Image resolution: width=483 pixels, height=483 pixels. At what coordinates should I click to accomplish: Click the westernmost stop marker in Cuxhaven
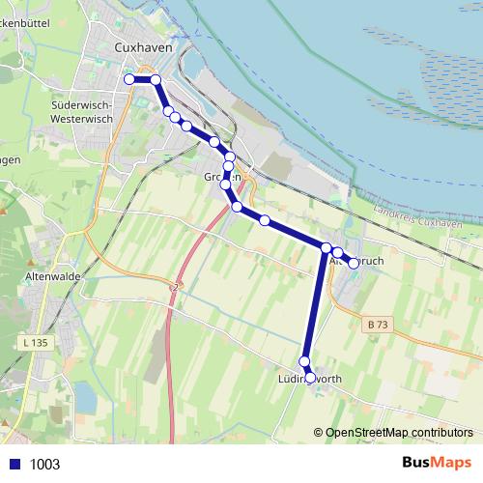[129, 79]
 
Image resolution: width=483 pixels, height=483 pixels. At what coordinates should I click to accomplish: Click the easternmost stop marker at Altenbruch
[354, 263]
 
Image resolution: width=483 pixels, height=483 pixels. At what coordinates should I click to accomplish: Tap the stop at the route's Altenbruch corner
[327, 248]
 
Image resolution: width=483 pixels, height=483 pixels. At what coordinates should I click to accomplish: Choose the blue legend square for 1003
[12, 464]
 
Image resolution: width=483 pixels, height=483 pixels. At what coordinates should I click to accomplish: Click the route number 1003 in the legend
[44, 465]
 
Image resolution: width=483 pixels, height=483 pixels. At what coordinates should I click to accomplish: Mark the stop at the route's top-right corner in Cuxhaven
[156, 79]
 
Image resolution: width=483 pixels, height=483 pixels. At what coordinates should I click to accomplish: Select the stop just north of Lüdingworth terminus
[304, 362]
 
